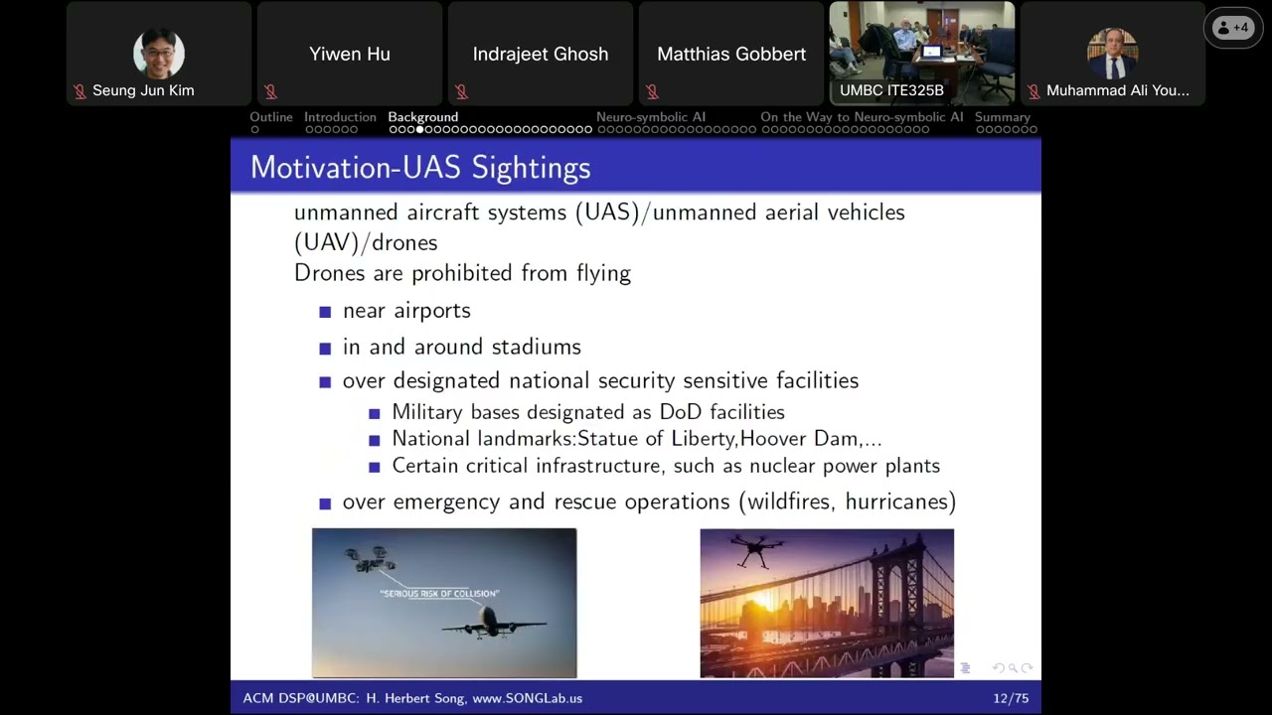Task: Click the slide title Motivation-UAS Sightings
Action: [420, 167]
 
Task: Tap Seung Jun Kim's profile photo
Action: [159, 54]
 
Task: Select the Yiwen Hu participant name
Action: [350, 54]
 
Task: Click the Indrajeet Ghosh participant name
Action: [541, 54]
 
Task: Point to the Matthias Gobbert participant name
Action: [731, 54]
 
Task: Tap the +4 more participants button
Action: [1233, 28]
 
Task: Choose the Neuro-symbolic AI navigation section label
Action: [651, 117]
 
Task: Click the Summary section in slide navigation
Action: [1003, 117]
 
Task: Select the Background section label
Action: [423, 117]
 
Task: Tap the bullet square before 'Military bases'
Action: [375, 413]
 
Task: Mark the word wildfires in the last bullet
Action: [785, 501]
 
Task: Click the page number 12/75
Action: [1011, 698]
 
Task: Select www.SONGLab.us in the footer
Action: [527, 698]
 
